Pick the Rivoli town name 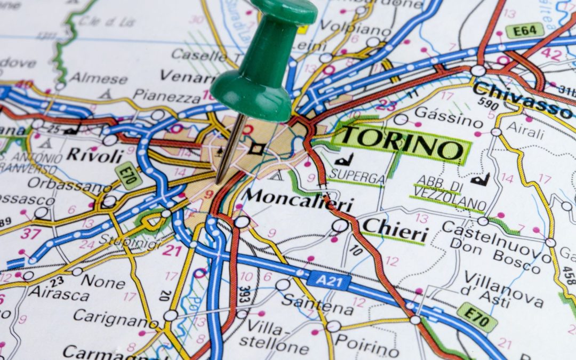click(95, 155)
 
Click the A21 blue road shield click(330, 280)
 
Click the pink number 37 click(30, 233)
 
